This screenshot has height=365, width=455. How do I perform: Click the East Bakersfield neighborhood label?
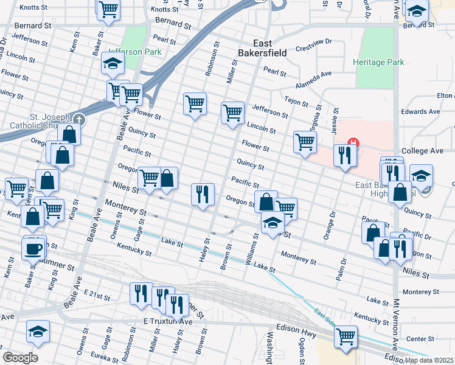271,48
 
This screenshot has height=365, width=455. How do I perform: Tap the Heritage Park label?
379,62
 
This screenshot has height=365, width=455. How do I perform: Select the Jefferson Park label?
135,52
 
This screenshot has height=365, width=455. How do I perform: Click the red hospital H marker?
352,145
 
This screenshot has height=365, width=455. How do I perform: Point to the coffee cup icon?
34,248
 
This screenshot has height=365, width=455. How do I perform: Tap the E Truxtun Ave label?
167,321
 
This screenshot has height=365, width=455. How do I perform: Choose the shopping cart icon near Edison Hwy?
346,336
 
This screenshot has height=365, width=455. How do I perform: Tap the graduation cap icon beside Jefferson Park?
113,63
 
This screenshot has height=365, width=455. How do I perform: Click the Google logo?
20,358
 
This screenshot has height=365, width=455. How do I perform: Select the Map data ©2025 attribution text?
429,360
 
